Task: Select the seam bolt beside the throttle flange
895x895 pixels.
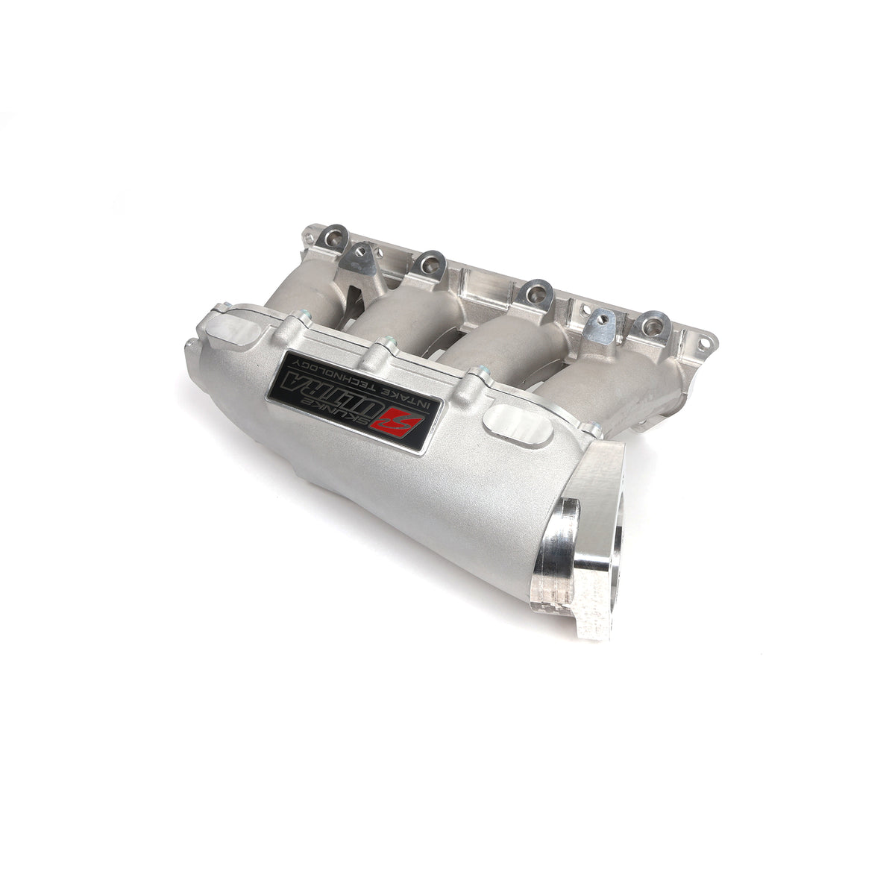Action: pos(594,430)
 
